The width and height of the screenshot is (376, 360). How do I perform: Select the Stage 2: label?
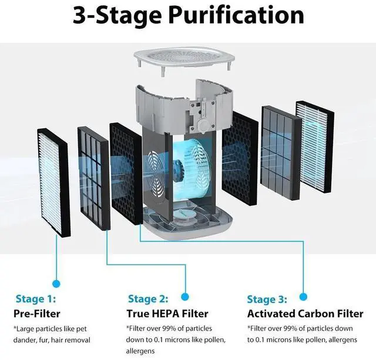click(x=147, y=299)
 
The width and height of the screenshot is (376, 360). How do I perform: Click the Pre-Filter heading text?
click(x=37, y=314)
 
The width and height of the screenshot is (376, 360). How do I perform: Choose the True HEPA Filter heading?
click(x=167, y=314)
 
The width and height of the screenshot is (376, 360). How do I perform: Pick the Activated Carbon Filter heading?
click(x=305, y=314)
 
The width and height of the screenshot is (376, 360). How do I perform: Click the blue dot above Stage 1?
click(x=56, y=283)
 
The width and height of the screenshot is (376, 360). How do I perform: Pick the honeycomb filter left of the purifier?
click(x=125, y=176)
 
